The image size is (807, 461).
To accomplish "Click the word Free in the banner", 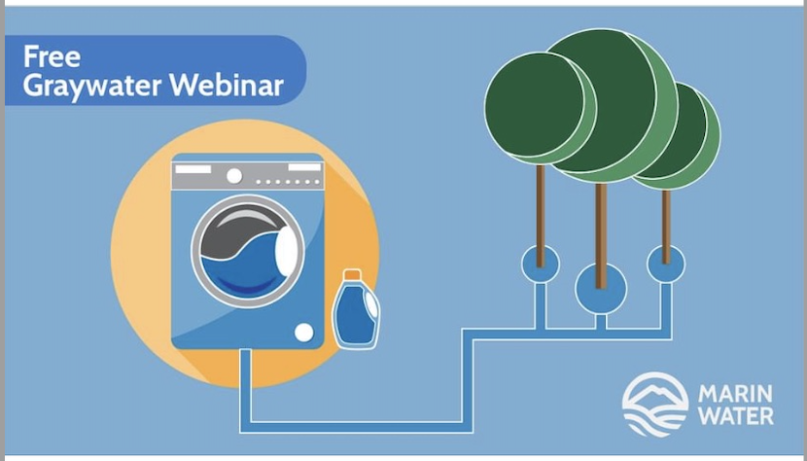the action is pos(52,56).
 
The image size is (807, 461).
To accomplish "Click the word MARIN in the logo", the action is pos(735,395).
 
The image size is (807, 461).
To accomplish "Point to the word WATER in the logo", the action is pos(735,415).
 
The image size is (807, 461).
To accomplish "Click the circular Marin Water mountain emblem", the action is pos(655,405).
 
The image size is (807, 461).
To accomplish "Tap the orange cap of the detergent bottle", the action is pos(352,274).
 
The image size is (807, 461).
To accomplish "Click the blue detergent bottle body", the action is pos(355,314).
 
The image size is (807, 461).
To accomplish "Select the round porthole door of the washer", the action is pos(248,251).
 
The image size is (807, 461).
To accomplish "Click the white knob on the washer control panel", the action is pos(234,176).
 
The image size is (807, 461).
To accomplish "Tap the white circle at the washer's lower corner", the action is pos(303,333).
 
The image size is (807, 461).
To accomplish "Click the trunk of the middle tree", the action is pos(601,235).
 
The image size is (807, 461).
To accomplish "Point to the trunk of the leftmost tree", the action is pos(541,215).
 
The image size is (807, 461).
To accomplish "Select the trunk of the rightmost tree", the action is pos(666,227).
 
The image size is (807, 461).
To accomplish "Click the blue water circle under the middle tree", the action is pos(601,289).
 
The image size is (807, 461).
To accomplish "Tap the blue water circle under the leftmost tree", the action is pos(541,265).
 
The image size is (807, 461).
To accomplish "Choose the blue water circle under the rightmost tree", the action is pos(666,265).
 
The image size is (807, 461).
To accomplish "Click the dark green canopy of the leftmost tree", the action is pos(536,105).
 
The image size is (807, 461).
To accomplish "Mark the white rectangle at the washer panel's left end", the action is pos(193,169).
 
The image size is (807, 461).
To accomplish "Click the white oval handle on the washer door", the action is pos(286,251).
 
